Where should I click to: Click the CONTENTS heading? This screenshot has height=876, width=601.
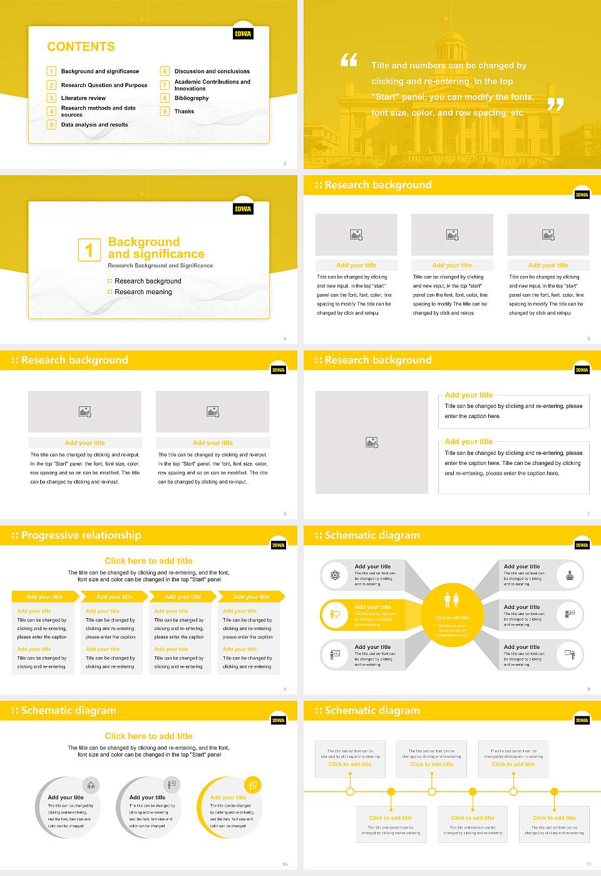(81, 47)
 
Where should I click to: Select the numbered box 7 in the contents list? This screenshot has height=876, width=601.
(165, 85)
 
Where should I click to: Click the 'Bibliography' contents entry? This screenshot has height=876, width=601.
(192, 98)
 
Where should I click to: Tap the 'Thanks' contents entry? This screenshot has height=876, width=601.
(184, 111)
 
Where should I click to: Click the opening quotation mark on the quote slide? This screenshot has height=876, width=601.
(349, 60)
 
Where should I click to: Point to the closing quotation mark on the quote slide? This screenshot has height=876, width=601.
(555, 104)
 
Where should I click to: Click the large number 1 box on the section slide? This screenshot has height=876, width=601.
(89, 250)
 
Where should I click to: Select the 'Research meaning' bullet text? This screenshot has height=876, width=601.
(143, 292)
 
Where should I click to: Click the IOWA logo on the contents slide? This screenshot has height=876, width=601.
(243, 34)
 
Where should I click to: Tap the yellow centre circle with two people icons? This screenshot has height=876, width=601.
(452, 611)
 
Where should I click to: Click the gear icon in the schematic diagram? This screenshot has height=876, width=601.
(335, 575)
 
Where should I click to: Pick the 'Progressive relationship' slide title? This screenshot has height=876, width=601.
(81, 536)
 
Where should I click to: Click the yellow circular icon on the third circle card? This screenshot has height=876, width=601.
(252, 785)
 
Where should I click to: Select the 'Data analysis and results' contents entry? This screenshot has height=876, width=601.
(95, 125)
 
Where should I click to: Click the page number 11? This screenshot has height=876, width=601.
(588, 864)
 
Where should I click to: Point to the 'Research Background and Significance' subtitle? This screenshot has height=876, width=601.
(160, 266)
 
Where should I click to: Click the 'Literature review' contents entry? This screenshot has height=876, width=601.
(83, 98)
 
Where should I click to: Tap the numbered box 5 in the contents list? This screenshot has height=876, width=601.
(51, 125)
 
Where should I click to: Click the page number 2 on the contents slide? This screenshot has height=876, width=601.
(285, 163)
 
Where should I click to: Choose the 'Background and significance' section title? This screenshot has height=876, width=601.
(156, 248)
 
